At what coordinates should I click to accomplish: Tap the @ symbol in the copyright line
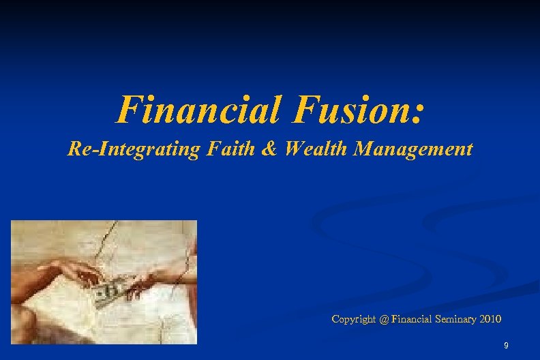pyautogui.click(x=386, y=319)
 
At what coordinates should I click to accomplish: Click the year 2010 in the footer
pyautogui.click(x=491, y=319)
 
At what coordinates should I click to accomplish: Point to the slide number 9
pyautogui.click(x=505, y=346)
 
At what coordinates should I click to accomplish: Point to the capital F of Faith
pyautogui.click(x=207, y=148)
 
